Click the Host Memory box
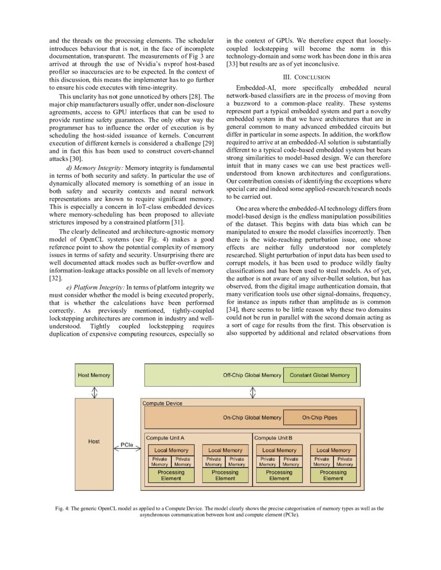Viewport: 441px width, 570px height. click(x=94, y=375)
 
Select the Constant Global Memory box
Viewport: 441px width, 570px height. click(x=320, y=375)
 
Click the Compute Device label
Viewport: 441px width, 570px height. click(x=162, y=403)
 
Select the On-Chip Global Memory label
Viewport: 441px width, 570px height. click(x=252, y=417)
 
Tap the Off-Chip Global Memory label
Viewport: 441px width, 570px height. click(x=253, y=375)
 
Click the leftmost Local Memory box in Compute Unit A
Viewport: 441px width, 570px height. click(x=171, y=450)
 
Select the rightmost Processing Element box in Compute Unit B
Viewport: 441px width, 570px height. click(x=333, y=475)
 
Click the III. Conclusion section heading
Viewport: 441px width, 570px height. click(x=309, y=77)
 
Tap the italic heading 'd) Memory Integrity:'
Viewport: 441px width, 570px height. click(x=95, y=168)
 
